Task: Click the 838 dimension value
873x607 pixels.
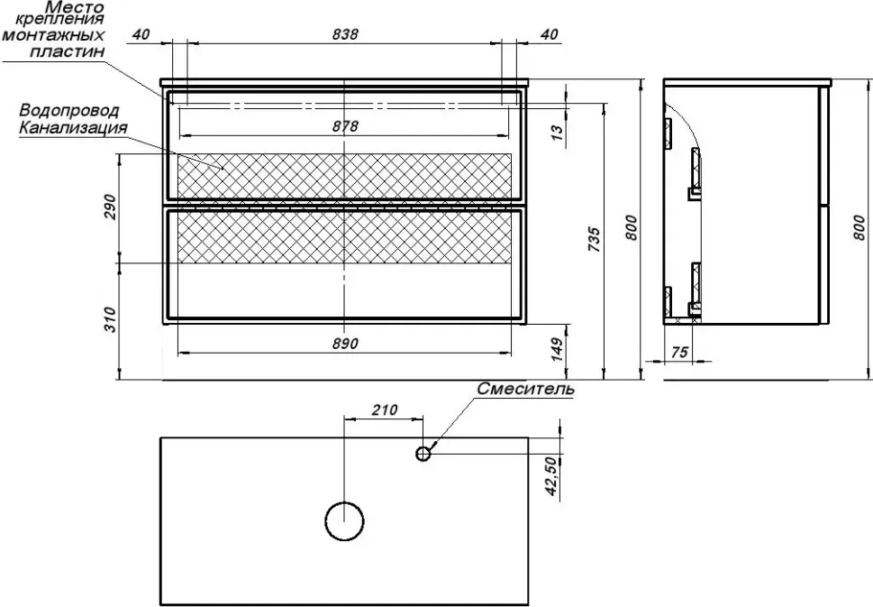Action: pyautogui.click(x=345, y=34)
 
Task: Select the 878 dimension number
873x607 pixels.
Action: pyautogui.click(x=345, y=126)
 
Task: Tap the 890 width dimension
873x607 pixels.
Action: pyautogui.click(x=345, y=344)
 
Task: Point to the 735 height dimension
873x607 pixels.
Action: pyautogui.click(x=595, y=240)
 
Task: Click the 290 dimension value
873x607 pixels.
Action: pyautogui.click(x=111, y=207)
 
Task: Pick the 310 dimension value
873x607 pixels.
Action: pyautogui.click(x=111, y=319)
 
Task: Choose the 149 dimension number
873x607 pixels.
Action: pyautogui.click(x=557, y=349)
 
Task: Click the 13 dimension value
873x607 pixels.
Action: pyautogui.click(x=557, y=133)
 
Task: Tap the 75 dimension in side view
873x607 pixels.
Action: pyautogui.click(x=680, y=353)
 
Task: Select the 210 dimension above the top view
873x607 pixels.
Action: pyautogui.click(x=384, y=410)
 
